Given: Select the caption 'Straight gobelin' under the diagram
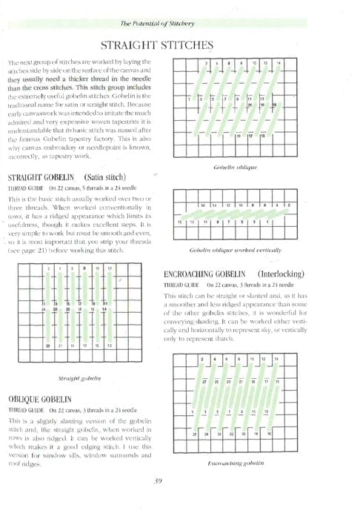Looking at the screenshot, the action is (x=77, y=379).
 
